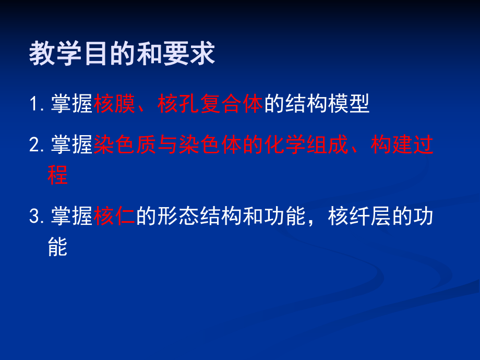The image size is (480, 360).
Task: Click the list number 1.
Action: pos(34,104)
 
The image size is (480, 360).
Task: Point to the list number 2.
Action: pos(35,145)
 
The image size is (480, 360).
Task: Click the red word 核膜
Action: pos(115,104)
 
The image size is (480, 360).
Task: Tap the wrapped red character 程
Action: pos(57,175)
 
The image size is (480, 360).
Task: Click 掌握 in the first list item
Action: pos(72,104)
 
